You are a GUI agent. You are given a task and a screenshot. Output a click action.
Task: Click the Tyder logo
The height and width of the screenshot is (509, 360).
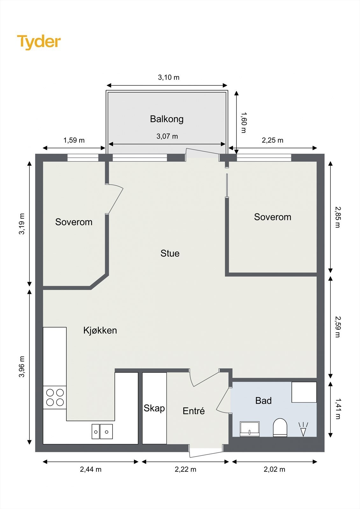[39, 42]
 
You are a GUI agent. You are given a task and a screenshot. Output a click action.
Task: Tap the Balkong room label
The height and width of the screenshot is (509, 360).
[167, 119]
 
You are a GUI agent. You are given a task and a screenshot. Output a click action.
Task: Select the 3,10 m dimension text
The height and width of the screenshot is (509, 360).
[169, 78]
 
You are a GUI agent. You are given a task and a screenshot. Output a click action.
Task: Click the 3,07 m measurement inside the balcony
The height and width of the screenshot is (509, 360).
[167, 136]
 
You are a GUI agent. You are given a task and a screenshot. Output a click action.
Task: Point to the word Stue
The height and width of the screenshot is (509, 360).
[170, 253]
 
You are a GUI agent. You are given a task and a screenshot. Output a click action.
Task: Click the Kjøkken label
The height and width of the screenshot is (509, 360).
[100, 331]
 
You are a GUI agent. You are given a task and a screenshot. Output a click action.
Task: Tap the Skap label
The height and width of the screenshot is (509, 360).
[154, 408]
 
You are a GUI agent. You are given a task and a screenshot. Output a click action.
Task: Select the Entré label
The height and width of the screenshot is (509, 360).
[194, 411]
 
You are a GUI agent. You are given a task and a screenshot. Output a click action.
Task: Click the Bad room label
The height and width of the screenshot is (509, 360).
[263, 401]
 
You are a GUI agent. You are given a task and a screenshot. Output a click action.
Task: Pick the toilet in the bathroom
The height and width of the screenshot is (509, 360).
[280, 428]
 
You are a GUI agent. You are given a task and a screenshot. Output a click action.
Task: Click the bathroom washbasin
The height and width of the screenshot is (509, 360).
[250, 429]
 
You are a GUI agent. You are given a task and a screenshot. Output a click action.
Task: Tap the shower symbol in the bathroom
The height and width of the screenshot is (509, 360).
[303, 429]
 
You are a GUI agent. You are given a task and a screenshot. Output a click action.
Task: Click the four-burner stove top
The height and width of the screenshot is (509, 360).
[55, 397]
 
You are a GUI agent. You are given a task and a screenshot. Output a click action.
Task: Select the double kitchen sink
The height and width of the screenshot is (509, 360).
[102, 431]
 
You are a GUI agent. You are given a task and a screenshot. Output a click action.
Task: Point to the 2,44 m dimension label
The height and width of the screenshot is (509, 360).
[90, 469]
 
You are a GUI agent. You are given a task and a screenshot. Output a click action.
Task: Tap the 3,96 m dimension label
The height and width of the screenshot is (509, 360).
[22, 366]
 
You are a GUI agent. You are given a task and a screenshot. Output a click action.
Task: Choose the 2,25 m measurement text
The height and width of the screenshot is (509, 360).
[272, 140]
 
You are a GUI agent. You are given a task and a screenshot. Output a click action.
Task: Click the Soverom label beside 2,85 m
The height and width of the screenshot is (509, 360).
[272, 217]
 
